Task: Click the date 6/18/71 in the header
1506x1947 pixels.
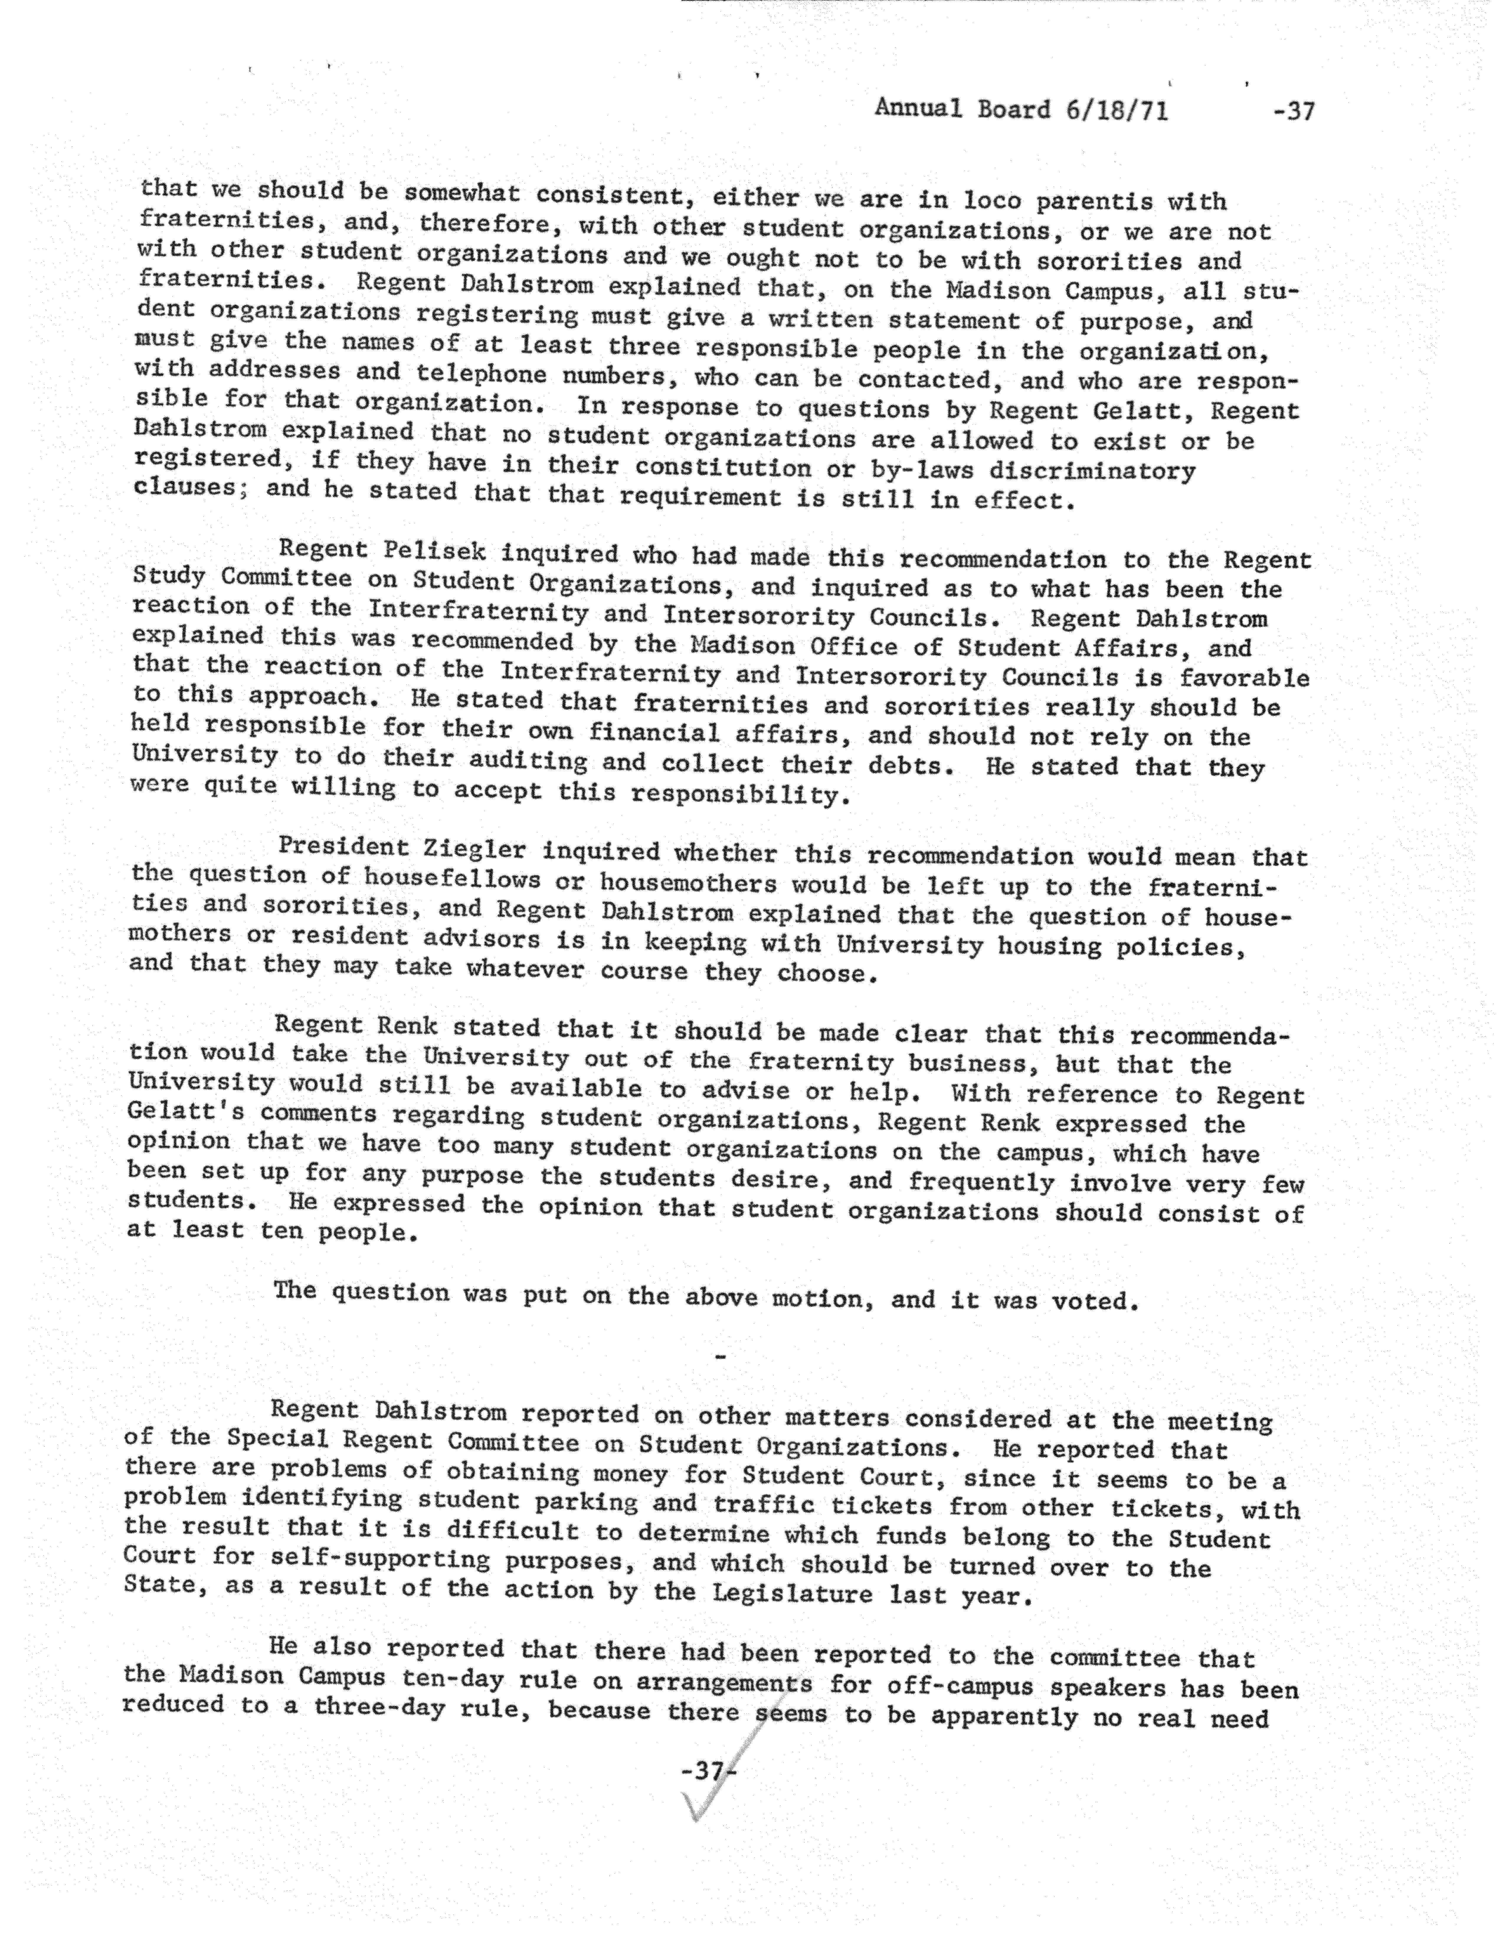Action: [1114, 110]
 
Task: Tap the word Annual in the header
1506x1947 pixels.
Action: [919, 108]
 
